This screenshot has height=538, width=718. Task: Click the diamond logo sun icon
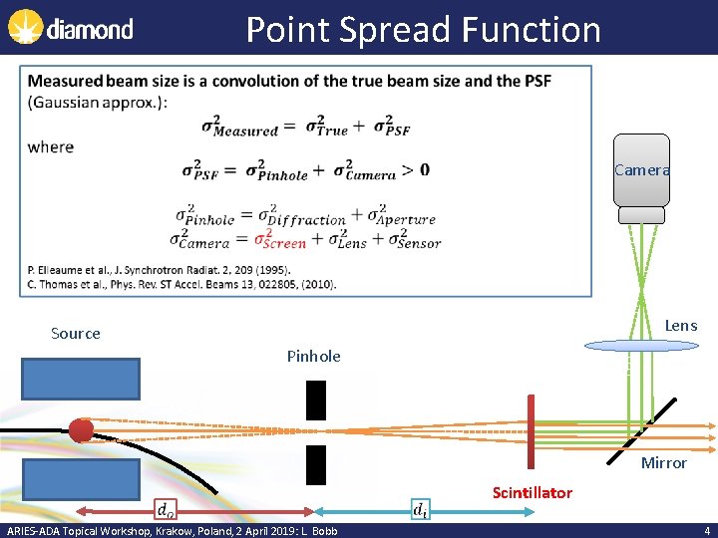25,27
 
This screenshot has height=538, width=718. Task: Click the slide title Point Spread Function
423,29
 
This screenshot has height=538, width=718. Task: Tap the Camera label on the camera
641,170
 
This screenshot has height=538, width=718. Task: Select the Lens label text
681,326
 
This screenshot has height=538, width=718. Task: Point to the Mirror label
663,462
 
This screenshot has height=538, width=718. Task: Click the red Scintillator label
532,493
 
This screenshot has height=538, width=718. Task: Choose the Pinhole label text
313,356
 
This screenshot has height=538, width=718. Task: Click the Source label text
76,334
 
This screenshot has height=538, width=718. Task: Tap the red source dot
81,430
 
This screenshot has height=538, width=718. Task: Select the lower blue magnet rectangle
81,479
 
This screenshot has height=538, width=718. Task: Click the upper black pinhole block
316,400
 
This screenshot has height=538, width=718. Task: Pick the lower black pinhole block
316,464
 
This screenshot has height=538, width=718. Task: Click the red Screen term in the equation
280,241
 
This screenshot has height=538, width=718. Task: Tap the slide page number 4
707,531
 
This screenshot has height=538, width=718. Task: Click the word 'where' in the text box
51,147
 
